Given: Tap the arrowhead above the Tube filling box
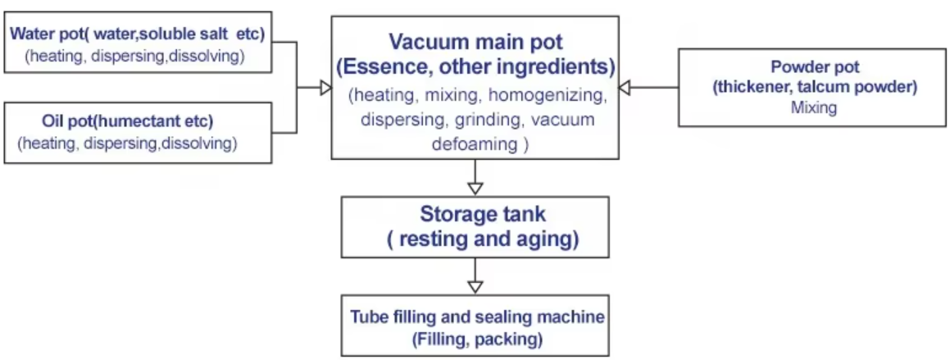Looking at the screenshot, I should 475,286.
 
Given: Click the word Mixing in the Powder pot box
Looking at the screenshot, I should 814,108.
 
